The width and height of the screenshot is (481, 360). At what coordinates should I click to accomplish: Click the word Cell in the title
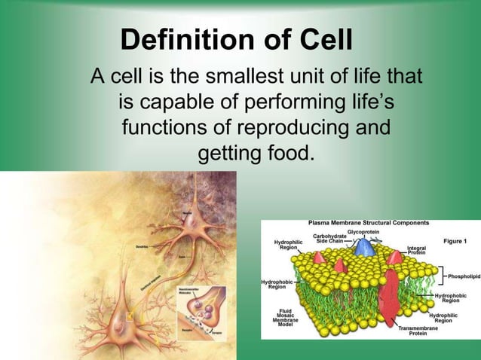[325, 41]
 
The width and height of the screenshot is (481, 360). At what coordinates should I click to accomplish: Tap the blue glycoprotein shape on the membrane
[364, 247]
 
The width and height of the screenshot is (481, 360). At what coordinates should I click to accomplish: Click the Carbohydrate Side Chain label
[330, 239]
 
